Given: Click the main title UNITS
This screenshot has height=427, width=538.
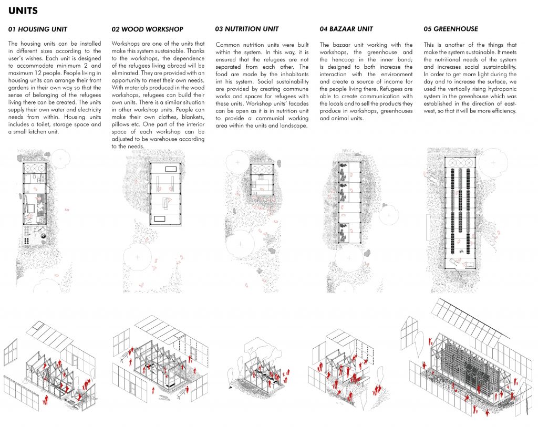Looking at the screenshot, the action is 22,10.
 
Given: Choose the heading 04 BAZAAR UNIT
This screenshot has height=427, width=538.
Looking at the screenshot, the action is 347,29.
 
